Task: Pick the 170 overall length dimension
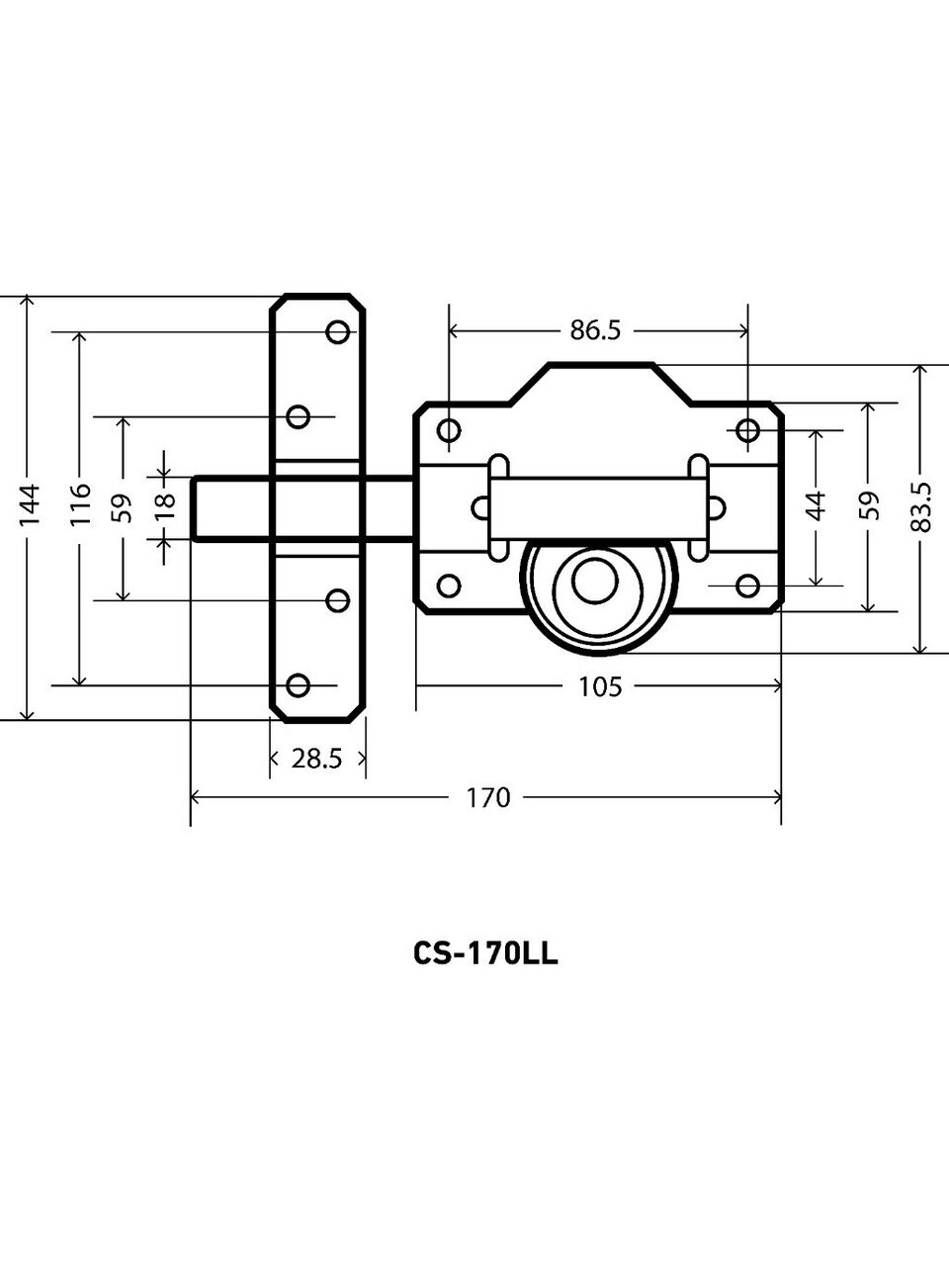pyautogui.click(x=488, y=797)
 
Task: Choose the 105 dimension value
pyautogui.click(x=600, y=685)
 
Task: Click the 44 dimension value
pyautogui.click(x=816, y=506)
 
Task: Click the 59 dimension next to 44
pyautogui.click(x=869, y=506)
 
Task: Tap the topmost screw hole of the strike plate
pyautogui.click(x=338, y=331)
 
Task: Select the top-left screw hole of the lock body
pyautogui.click(x=449, y=430)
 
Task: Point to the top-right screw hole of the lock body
pyautogui.click(x=747, y=430)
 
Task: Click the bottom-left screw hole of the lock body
pyautogui.click(x=449, y=586)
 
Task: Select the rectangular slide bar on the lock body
pyautogui.click(x=598, y=507)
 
